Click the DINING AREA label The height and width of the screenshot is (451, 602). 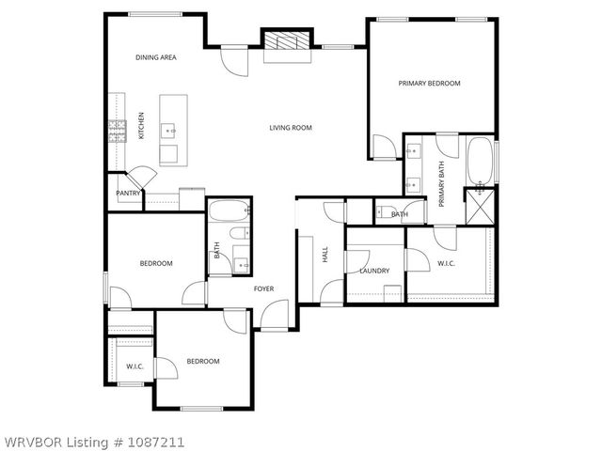156,57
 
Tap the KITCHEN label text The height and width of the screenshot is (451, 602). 142,125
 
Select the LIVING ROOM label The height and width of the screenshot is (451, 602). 290,128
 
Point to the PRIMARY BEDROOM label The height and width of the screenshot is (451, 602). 429,84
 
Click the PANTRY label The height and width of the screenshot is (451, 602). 128,194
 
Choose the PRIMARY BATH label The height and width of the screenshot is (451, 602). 442,183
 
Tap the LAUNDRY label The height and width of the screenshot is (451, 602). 374,271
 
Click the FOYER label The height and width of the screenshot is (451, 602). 263,288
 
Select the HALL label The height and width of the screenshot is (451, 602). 325,254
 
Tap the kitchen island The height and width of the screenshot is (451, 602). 172,130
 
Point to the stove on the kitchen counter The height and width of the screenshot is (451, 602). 119,131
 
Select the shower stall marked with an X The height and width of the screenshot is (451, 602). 482,205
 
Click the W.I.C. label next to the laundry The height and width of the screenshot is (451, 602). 446,264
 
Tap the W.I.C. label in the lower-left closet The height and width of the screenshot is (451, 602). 135,365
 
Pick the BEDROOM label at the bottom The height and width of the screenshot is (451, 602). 202,362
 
